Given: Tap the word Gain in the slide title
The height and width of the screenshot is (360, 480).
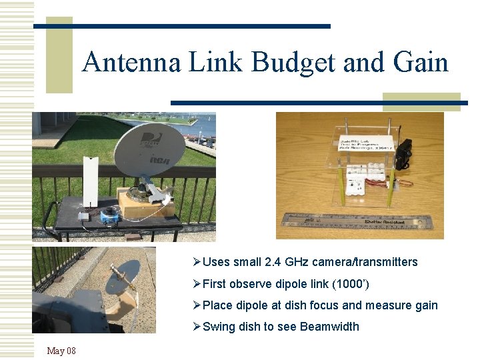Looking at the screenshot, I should [x=421, y=63].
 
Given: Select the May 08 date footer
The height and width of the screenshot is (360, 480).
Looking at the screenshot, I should [x=61, y=351].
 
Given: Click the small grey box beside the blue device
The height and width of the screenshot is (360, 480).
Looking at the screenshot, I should [x=83, y=217].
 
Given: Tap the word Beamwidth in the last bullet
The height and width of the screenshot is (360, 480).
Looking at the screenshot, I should [x=329, y=327].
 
